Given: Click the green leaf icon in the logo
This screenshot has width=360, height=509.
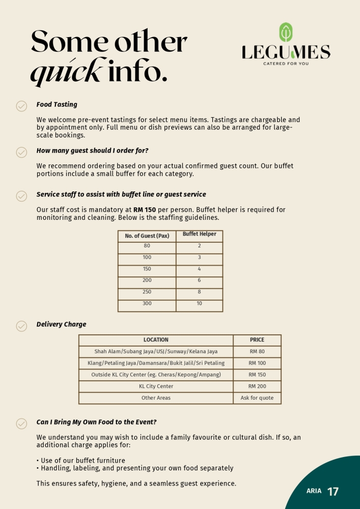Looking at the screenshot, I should (x=286, y=33).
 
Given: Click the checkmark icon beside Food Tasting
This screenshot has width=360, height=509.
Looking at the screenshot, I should (x=21, y=106).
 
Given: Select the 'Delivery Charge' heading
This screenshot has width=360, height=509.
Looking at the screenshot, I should (x=61, y=324).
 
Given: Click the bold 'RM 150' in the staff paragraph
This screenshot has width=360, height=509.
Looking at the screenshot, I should (x=145, y=210).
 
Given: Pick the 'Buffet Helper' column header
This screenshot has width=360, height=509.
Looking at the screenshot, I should (x=199, y=234).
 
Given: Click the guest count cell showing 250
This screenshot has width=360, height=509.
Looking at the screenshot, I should (x=147, y=292).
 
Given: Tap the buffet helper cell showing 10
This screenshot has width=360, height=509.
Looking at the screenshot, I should (x=199, y=304).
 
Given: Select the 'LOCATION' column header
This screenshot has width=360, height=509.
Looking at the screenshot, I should (x=156, y=340).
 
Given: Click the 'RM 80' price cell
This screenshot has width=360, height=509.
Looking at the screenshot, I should (x=257, y=352).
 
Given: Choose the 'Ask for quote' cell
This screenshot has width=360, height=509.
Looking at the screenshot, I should (x=257, y=398).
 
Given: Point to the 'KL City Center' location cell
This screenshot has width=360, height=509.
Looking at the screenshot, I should (x=156, y=386).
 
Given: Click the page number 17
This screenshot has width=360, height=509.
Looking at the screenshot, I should (x=333, y=492).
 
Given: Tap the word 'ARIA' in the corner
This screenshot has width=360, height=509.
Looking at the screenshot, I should (x=314, y=491).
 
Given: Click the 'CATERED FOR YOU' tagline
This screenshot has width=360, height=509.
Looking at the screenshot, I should (x=286, y=64).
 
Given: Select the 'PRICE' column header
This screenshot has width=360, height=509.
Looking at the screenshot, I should (x=257, y=340).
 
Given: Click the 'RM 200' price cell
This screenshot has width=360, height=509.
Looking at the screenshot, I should (x=257, y=386).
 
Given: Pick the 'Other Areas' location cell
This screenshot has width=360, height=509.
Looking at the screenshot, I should (x=156, y=398).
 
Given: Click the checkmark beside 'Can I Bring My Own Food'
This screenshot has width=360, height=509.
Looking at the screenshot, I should (x=21, y=423).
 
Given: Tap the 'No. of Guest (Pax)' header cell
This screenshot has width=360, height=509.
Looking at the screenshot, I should (x=147, y=236).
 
